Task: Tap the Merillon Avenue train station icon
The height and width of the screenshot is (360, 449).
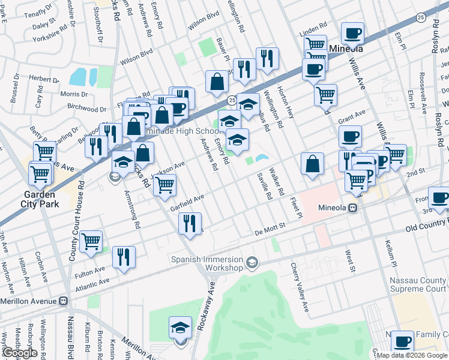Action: coord(63,301)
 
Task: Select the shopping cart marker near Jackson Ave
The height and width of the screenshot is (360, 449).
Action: coord(164,185)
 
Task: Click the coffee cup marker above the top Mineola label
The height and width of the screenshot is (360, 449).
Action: coord(353,32)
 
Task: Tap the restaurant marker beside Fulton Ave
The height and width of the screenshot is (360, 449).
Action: coord(124,257)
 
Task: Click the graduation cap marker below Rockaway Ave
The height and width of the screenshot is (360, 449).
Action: coord(180,329)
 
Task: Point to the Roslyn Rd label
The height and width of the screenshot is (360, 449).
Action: coord(436,36)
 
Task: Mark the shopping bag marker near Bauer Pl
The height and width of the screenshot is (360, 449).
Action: coord(216,82)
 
